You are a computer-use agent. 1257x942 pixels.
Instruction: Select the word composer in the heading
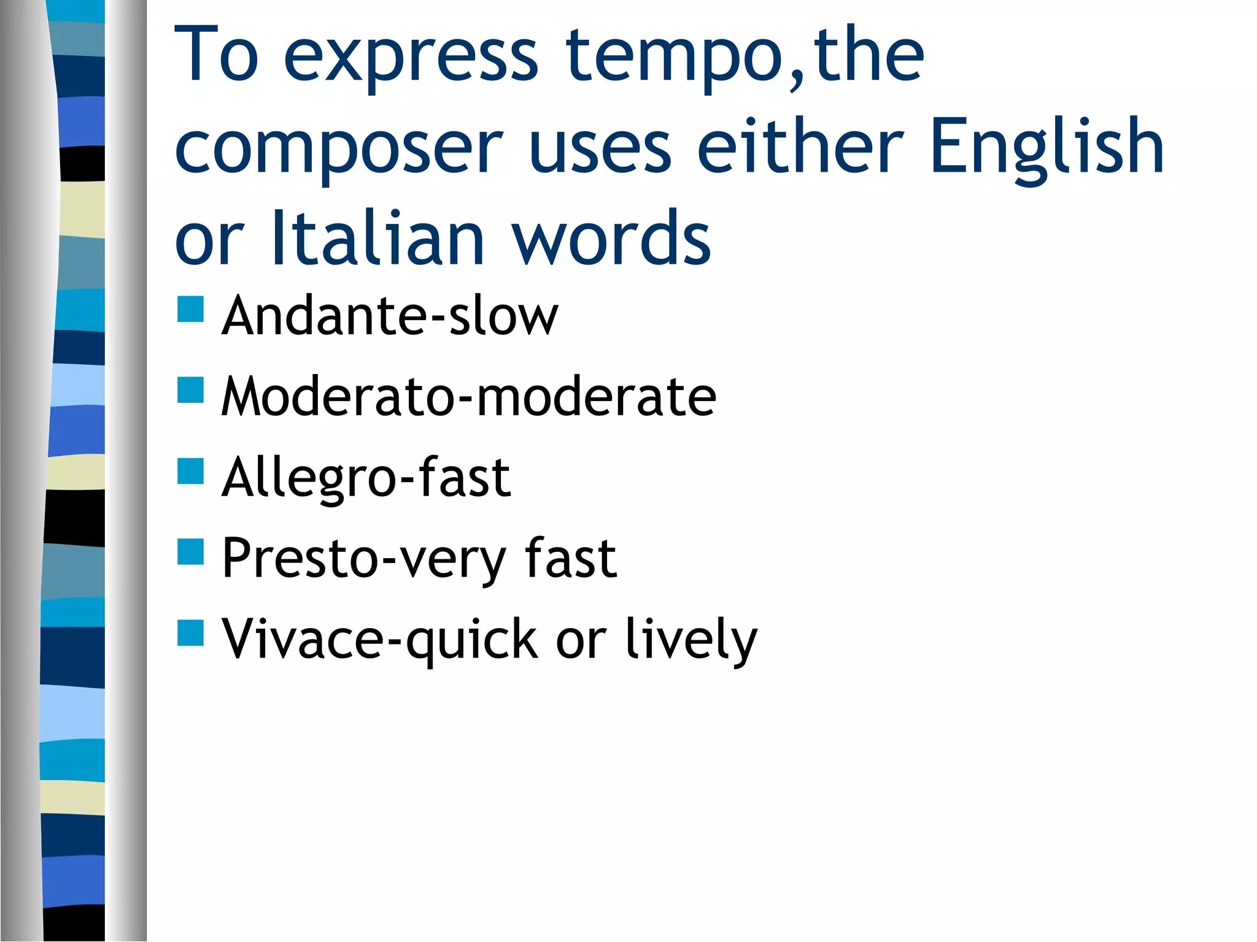(339, 147)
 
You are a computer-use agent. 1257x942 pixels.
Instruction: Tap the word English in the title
(1046, 147)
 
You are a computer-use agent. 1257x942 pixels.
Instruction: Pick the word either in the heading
(800, 147)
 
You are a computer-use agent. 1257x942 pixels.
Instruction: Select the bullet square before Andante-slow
(190, 309)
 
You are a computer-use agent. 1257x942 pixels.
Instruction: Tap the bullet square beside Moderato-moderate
(190, 390)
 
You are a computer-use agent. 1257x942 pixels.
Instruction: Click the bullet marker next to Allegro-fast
(190, 471)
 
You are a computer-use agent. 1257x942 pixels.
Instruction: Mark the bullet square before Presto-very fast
(190, 551)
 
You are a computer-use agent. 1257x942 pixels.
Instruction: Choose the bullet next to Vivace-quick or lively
(190, 633)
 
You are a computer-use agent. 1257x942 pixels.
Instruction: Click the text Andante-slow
(390, 316)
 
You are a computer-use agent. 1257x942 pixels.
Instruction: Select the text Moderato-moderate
(468, 397)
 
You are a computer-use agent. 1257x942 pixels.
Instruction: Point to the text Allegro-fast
(366, 478)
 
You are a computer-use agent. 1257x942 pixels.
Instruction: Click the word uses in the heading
(600, 147)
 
